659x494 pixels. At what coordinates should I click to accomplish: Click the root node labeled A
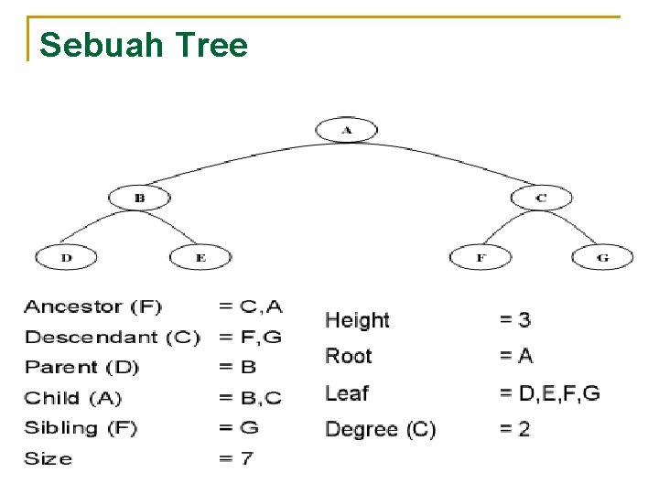click(346, 130)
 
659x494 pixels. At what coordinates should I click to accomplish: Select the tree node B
click(140, 198)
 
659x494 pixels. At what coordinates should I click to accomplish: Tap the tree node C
click(541, 198)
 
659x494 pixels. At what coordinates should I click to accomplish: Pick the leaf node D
click(66, 258)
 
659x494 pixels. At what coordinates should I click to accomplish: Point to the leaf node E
click(200, 258)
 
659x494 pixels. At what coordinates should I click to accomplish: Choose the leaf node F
click(481, 258)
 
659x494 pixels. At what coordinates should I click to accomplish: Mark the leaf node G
click(601, 258)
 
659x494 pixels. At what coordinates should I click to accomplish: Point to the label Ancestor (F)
click(93, 307)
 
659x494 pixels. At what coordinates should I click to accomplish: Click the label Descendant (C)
click(113, 338)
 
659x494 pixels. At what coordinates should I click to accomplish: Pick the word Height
click(357, 320)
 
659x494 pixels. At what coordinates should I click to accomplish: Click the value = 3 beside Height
click(514, 320)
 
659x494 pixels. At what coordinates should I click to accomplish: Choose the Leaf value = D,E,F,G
click(549, 393)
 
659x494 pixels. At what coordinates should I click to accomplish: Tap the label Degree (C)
click(381, 429)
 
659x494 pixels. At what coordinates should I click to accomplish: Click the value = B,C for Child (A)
click(250, 398)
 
